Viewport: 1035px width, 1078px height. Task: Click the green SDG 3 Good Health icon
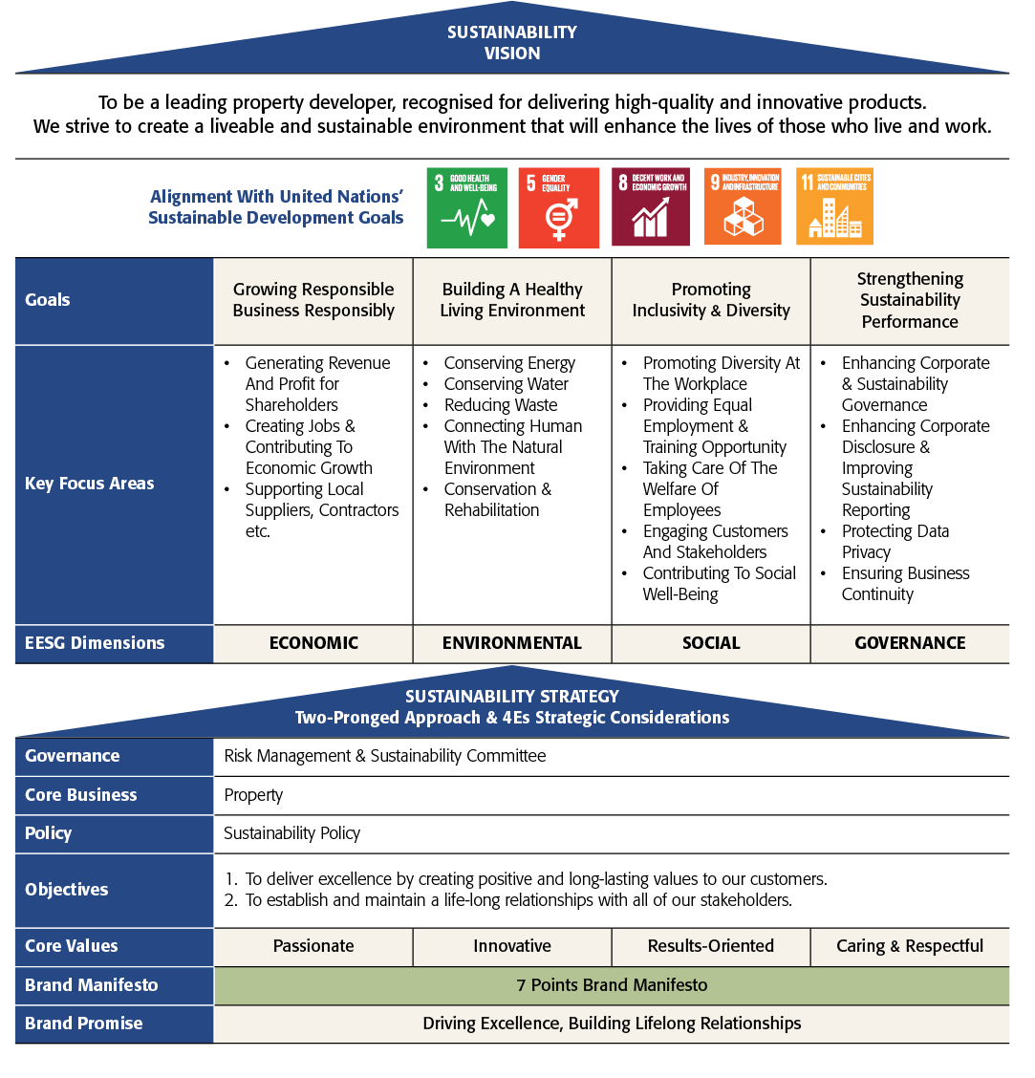click(467, 207)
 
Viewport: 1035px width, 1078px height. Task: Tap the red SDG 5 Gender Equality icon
click(558, 207)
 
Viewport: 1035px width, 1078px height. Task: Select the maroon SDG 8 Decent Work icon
click(651, 206)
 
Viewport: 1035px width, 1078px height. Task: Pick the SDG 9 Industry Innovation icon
click(743, 206)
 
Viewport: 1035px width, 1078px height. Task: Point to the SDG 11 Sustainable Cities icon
click(835, 206)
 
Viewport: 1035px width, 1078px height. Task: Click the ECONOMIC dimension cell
click(313, 643)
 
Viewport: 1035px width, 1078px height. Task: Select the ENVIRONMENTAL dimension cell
click(512, 643)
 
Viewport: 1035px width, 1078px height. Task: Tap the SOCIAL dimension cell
click(711, 643)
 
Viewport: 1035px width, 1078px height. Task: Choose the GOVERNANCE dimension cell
click(910, 643)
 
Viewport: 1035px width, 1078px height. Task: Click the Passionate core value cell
click(313, 947)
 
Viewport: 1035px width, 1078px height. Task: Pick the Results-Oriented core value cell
click(711, 947)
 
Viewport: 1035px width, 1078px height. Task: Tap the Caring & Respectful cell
click(910, 947)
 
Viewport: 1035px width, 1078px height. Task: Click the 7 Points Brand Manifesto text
click(612, 985)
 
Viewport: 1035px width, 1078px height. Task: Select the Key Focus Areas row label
click(90, 484)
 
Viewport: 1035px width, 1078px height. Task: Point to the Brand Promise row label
click(84, 1024)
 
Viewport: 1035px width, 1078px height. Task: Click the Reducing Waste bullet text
click(501, 405)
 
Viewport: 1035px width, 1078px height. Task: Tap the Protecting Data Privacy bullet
click(895, 542)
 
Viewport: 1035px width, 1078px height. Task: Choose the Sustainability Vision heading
click(512, 43)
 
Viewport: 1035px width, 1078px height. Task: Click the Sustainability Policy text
click(291, 833)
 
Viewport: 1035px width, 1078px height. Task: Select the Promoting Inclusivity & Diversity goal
click(711, 300)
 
